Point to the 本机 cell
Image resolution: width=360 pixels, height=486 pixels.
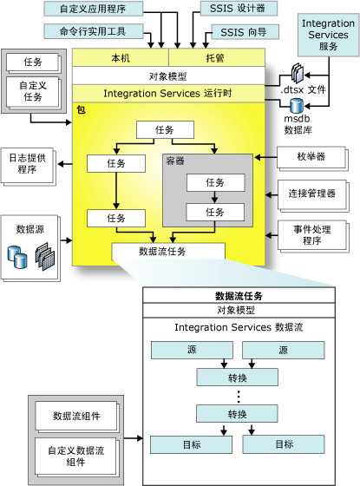(x=115, y=57)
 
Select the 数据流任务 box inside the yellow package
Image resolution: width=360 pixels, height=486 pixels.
(x=167, y=252)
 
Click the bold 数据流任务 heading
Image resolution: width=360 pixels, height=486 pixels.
(x=239, y=295)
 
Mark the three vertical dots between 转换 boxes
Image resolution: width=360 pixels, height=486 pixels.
(x=238, y=395)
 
